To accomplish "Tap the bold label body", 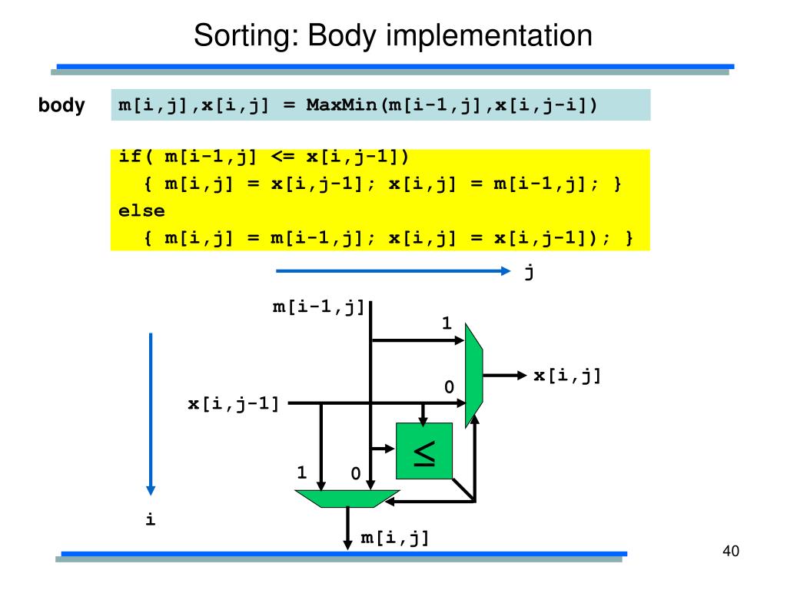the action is tap(61, 105).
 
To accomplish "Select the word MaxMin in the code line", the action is tap(341, 104).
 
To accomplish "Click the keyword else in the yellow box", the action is tap(141, 210).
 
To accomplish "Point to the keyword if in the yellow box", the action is tap(131, 157).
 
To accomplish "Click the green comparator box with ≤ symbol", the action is tap(424, 451).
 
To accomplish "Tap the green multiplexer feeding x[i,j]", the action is tap(473, 375).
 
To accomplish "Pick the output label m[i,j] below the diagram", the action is tap(395, 539).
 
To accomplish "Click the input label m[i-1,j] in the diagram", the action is tap(318, 308).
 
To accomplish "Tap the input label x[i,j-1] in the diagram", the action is tap(234, 403).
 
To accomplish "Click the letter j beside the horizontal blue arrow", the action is tap(529, 271).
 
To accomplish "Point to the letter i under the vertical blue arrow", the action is tap(150, 520).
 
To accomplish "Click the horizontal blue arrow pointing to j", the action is tap(392, 270).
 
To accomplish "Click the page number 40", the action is tap(730, 552).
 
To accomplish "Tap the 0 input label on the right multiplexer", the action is tap(448, 389).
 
